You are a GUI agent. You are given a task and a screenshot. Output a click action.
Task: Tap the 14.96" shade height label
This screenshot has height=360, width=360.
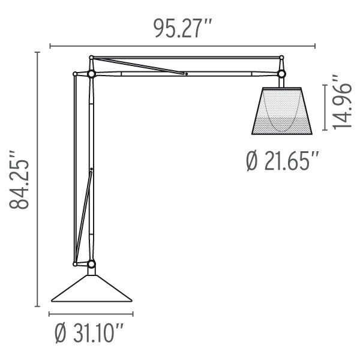tap(342, 102)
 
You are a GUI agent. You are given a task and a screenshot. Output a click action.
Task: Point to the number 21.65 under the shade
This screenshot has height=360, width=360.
tap(289, 161)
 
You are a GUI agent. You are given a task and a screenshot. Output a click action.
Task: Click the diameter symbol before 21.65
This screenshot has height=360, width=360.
tap(253, 161)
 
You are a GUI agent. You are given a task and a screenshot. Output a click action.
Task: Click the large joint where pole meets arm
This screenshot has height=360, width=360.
tap(91, 74)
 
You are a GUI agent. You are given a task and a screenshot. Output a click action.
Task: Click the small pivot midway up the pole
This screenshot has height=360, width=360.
tap(91, 170)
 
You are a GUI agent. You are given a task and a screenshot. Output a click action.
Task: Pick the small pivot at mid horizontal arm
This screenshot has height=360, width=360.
tap(186, 74)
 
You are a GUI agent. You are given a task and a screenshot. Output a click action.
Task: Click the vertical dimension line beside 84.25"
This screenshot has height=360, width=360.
tap(40, 180)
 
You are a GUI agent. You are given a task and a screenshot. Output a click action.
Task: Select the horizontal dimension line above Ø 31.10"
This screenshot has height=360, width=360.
tap(91, 314)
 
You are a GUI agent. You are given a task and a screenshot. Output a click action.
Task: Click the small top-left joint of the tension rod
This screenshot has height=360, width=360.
tap(74, 74)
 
